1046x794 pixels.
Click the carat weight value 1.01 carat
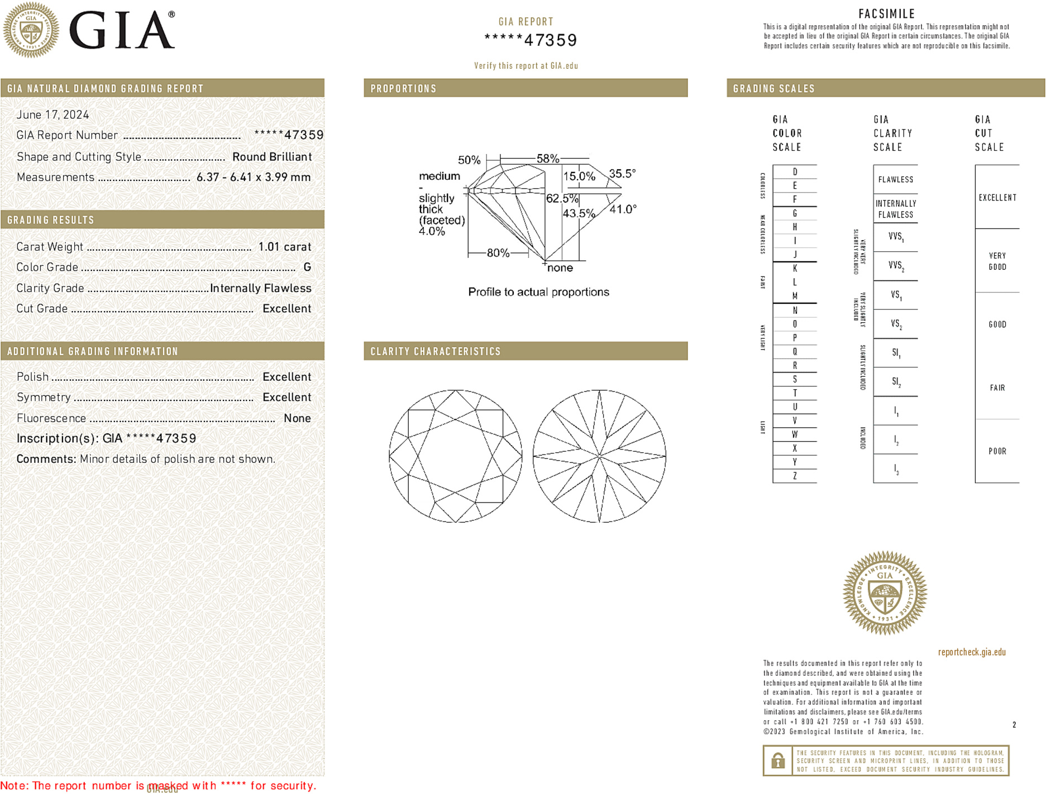[x=284, y=247]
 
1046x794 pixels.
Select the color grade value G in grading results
[x=307, y=267]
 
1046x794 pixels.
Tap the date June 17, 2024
[x=52, y=114]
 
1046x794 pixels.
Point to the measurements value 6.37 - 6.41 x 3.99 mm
[x=254, y=178]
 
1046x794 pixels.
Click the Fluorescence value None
[x=297, y=418]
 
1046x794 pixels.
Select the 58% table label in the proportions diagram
[x=547, y=159]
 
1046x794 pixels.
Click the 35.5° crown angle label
[x=622, y=174]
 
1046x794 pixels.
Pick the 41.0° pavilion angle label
[x=623, y=209]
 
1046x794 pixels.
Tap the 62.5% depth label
[x=562, y=198]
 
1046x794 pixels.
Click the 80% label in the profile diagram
[x=498, y=253]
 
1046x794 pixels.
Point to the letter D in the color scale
[x=795, y=172]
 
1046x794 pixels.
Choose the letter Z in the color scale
[x=795, y=476]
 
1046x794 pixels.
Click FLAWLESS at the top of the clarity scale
[x=895, y=180]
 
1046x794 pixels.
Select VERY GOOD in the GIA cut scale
[x=997, y=261]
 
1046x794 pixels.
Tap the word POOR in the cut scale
[x=997, y=451]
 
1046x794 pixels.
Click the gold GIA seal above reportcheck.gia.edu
[x=885, y=593]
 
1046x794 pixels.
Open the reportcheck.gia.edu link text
[x=971, y=652]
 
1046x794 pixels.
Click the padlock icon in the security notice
[x=777, y=760]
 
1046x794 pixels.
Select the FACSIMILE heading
[x=886, y=14]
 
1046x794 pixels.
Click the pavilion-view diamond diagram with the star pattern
[x=599, y=456]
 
